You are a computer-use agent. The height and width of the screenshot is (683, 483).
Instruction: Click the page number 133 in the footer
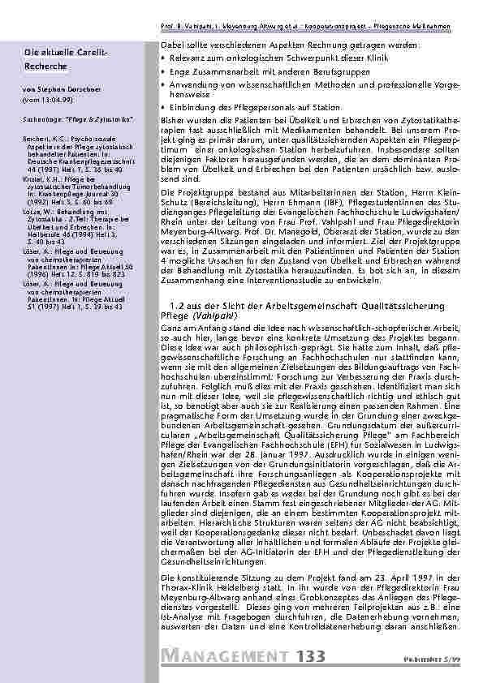pyautogui.click(x=311, y=656)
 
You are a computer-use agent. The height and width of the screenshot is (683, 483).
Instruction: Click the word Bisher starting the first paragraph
pyautogui.click(x=174, y=119)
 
